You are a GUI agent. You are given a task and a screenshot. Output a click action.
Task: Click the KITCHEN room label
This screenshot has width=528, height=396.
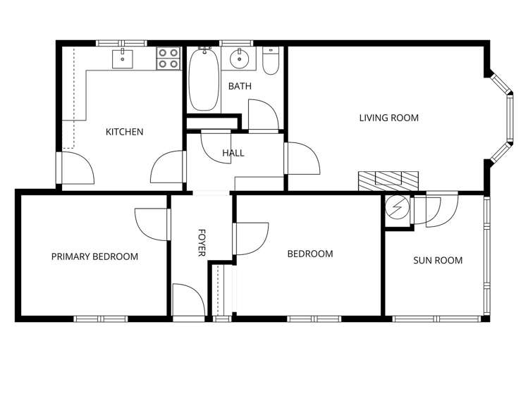[125, 132]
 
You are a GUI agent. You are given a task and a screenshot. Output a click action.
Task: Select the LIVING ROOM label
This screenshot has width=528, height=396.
[388, 118]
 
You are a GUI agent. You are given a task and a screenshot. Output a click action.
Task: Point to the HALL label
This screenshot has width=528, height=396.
[233, 153]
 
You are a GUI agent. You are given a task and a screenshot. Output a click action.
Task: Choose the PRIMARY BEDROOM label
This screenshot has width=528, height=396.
[94, 256]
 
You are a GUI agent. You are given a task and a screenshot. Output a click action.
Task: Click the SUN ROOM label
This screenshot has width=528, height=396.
[437, 260]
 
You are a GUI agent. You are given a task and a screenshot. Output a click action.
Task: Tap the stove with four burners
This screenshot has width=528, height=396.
[168, 58]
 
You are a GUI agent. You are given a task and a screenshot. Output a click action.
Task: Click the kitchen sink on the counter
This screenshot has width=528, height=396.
[123, 57]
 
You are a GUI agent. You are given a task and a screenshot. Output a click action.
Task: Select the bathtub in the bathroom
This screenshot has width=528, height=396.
[204, 80]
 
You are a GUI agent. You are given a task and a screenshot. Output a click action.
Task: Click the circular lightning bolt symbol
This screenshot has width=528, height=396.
[398, 209]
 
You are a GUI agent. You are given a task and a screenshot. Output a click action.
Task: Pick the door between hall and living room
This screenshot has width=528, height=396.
[301, 159]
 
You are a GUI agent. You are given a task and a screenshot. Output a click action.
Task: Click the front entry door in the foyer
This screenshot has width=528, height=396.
[188, 302]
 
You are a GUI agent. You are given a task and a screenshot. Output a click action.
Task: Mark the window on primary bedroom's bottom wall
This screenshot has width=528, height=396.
[102, 318]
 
